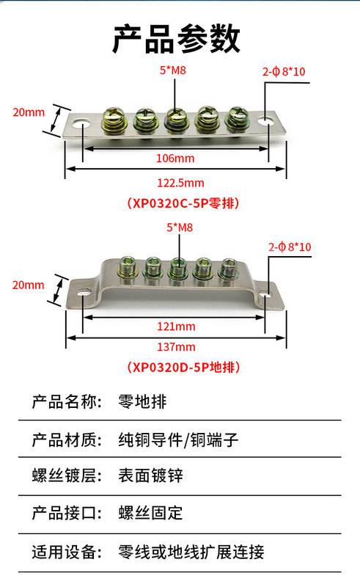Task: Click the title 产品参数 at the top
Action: coord(176,39)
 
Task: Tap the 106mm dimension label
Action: coord(175,158)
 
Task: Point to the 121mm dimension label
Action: coord(176,327)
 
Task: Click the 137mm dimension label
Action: coord(176,346)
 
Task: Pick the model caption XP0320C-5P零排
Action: coord(183,203)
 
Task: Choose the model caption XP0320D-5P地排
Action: coord(183,368)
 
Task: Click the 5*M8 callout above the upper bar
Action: coord(172,70)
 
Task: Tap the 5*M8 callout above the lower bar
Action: coord(180,227)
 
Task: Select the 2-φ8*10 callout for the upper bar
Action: coord(284,71)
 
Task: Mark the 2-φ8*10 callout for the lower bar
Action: coord(290,247)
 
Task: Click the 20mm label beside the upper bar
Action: coord(29,112)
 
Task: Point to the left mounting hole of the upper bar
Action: coord(81,123)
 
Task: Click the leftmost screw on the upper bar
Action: coord(114,119)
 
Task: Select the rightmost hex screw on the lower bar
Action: coord(228,269)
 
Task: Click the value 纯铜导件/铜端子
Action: coord(178,440)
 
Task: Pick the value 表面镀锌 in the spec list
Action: coord(150,475)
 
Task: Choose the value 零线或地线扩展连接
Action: coord(191,553)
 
